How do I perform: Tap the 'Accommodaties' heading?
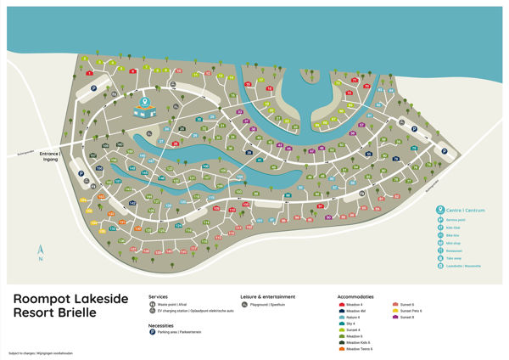pos(360,296)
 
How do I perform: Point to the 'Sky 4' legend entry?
pos(352,323)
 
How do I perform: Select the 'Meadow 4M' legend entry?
pos(356,310)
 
